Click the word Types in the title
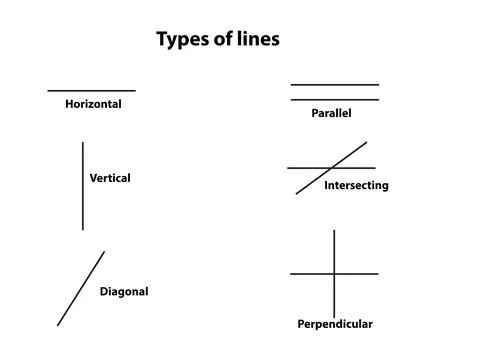point(183,40)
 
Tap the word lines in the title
point(258,38)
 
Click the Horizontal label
point(93,104)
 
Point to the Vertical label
point(110,178)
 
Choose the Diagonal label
point(124,292)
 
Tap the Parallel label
point(331,113)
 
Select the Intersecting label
point(356,186)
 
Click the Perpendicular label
point(335,324)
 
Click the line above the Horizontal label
point(92,90)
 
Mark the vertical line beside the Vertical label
point(83,186)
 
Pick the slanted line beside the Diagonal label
point(81,288)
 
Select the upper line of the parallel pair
point(335,85)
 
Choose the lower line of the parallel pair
point(335,100)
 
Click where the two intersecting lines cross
point(331,168)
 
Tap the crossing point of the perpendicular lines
point(334,274)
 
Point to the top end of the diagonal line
point(104,252)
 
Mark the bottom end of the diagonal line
point(58,325)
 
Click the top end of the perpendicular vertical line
point(334,230)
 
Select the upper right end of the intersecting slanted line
point(367,142)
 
